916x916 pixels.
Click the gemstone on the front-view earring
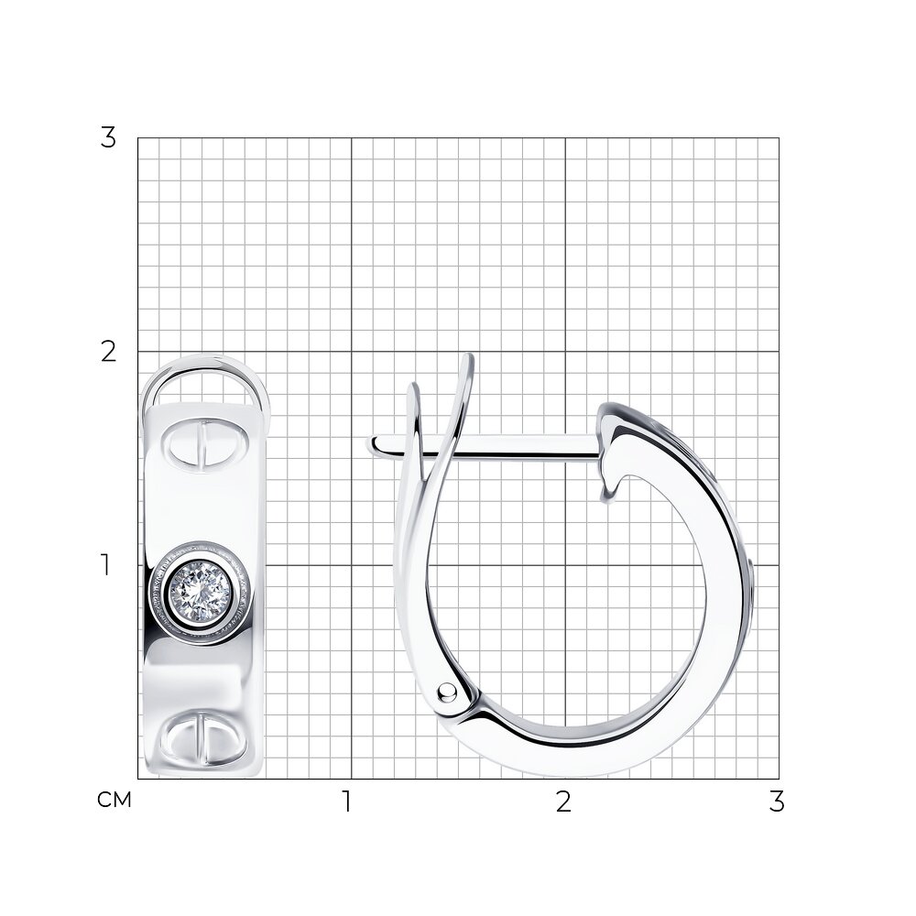201,592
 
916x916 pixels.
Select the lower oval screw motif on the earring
204,737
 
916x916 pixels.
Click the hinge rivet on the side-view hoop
448,692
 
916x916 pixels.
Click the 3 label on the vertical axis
108,138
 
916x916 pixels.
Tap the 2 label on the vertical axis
108,352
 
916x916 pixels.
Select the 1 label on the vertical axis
105,565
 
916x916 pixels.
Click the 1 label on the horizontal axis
347,801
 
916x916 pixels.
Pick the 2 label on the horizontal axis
563,801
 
